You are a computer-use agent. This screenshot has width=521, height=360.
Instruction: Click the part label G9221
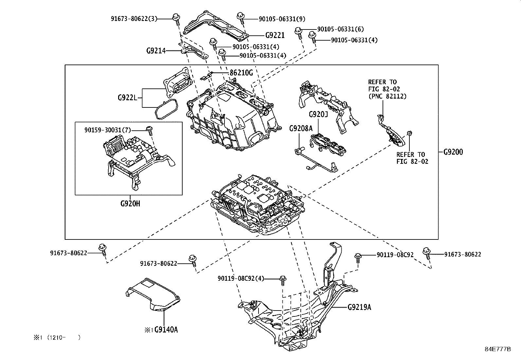click(x=275, y=35)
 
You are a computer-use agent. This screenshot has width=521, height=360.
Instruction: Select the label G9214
click(x=156, y=51)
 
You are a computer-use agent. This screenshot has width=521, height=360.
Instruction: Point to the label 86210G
click(x=241, y=73)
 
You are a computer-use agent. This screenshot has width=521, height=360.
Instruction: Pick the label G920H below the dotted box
click(x=130, y=203)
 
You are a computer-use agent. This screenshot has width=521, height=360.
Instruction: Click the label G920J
click(x=318, y=115)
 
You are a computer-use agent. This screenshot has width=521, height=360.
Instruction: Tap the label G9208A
click(x=300, y=128)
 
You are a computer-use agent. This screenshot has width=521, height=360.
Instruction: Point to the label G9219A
click(x=359, y=307)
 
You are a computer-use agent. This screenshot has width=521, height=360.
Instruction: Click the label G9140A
click(x=166, y=330)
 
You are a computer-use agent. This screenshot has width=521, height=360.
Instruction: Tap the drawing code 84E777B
click(x=497, y=349)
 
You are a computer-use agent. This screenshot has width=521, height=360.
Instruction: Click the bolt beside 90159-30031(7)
click(x=149, y=130)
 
